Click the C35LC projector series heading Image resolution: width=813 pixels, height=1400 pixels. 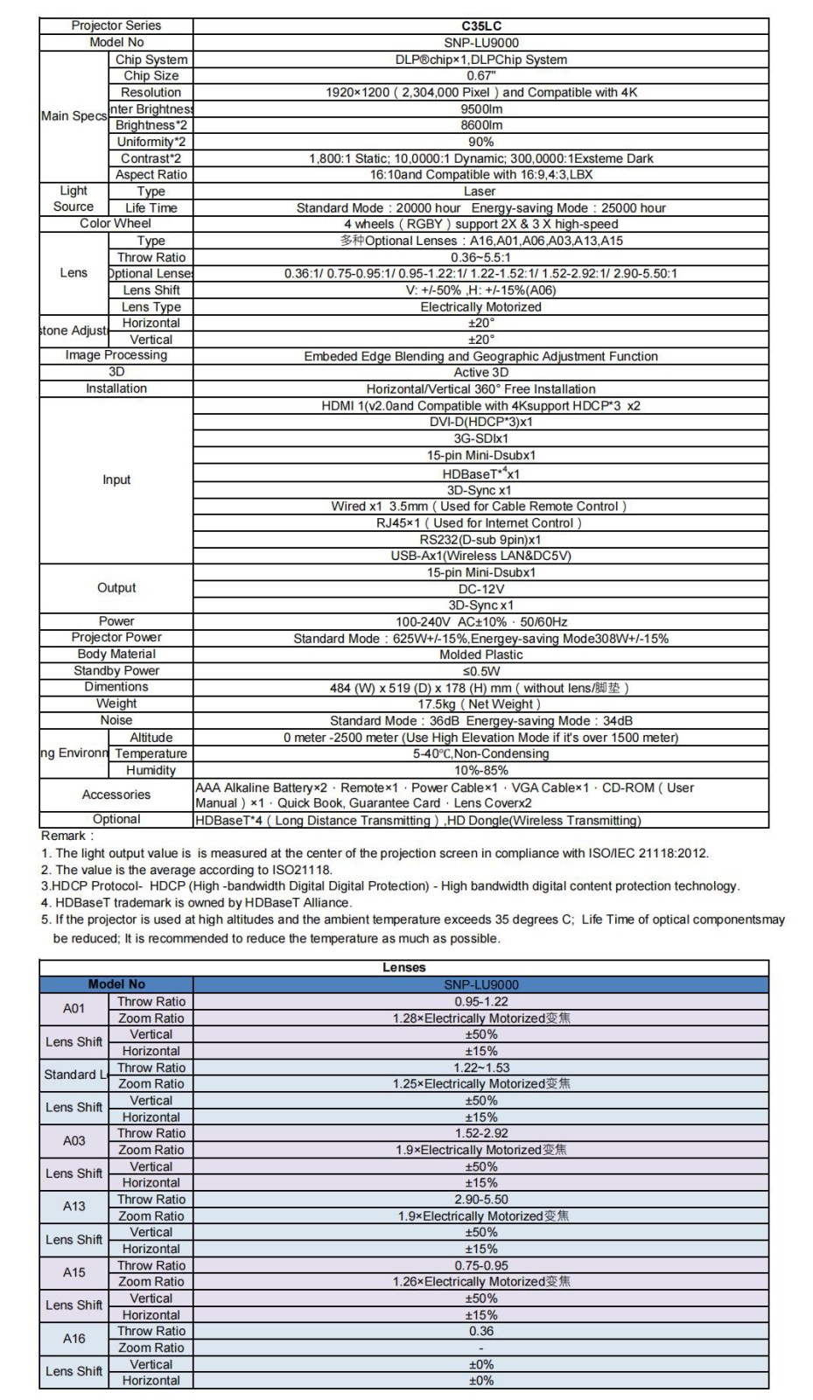(480, 26)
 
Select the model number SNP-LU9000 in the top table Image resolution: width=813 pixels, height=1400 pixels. (480, 43)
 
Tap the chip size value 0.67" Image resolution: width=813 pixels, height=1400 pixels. (480, 76)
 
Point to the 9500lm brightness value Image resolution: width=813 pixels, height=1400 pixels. (480, 109)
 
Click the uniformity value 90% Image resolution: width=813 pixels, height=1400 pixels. (480, 142)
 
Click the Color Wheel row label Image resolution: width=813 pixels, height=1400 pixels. (116, 224)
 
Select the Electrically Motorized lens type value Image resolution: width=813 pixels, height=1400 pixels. (480, 307)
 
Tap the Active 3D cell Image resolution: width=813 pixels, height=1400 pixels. (480, 373)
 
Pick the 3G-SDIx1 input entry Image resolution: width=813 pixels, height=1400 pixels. (480, 438)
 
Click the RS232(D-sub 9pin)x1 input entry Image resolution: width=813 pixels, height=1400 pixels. (480, 539)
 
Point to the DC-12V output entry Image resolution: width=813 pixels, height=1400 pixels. (480, 589)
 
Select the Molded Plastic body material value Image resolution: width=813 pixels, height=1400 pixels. (480, 654)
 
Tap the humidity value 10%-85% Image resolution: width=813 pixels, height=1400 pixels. (480, 771)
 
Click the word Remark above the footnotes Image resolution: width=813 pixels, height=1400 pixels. (67, 836)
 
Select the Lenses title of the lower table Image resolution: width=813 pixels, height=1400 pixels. (403, 968)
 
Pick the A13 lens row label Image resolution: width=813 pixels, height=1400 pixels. (74, 1207)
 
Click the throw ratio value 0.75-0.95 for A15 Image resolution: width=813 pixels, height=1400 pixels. (480, 1265)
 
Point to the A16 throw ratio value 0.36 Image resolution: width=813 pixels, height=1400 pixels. (480, 1331)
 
